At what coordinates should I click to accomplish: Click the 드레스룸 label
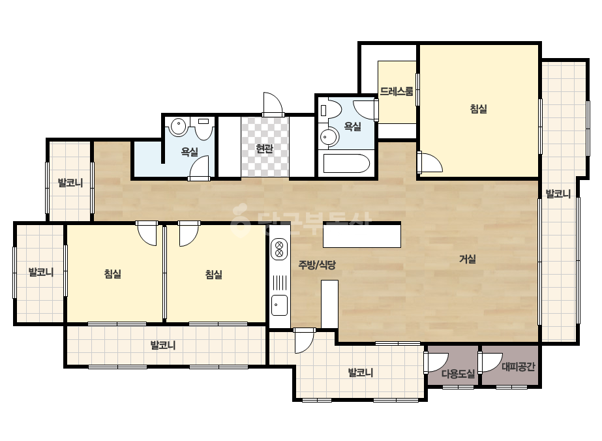[397, 91]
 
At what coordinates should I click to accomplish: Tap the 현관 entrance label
[265, 148]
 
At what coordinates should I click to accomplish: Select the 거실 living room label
[468, 259]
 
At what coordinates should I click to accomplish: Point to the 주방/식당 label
[317, 265]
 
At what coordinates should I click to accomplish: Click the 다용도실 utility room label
[458, 373]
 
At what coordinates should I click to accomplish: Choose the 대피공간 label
[519, 367]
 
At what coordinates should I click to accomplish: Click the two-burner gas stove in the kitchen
[279, 249]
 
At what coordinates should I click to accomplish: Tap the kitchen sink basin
[279, 305]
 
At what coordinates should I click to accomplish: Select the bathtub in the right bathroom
[346, 164]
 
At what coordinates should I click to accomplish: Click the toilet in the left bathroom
[203, 129]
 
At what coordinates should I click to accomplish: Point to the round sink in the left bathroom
[178, 127]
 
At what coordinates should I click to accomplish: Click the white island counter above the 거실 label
[362, 235]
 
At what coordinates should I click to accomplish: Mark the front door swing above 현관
[273, 104]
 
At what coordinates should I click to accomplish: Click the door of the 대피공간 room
[490, 362]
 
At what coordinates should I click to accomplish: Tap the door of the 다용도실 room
[436, 362]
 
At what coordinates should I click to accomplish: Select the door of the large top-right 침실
[430, 162]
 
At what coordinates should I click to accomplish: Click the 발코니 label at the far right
[558, 194]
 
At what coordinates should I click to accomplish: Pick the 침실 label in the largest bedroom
[478, 109]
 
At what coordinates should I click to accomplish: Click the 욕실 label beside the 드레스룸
[352, 126]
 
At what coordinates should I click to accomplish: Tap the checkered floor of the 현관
[265, 147]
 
